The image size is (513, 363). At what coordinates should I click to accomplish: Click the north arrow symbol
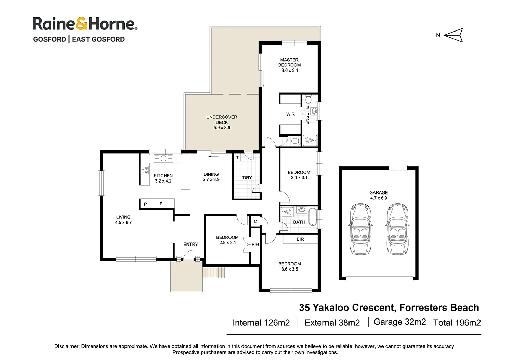tap(453, 35)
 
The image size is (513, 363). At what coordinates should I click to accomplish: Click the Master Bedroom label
tap(289, 65)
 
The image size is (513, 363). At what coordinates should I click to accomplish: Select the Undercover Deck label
tap(222, 122)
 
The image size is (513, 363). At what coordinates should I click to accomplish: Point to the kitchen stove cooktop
tap(145, 170)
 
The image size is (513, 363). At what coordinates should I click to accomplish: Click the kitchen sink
tap(163, 158)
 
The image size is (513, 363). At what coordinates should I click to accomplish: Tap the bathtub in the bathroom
tap(313, 216)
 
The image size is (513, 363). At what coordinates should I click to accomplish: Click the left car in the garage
tap(360, 229)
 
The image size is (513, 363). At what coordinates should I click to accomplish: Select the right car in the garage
tap(397, 229)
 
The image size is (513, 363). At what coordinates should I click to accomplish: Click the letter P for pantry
tap(145, 204)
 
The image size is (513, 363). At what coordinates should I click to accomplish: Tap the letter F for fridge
tap(161, 204)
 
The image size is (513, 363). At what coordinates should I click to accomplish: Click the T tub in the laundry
tap(237, 158)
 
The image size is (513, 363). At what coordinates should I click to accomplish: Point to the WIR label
tap(290, 114)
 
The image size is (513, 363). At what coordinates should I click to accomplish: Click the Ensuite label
tap(307, 115)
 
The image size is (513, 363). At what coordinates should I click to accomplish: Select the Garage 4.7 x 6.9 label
tap(379, 195)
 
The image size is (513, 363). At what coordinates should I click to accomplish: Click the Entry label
tap(190, 244)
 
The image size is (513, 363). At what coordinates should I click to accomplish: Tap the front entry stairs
tap(213, 273)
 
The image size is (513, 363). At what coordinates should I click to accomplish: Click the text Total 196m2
tap(457, 323)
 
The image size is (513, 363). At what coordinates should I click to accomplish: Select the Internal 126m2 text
tap(261, 323)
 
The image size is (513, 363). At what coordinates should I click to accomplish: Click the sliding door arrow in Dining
tap(213, 157)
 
